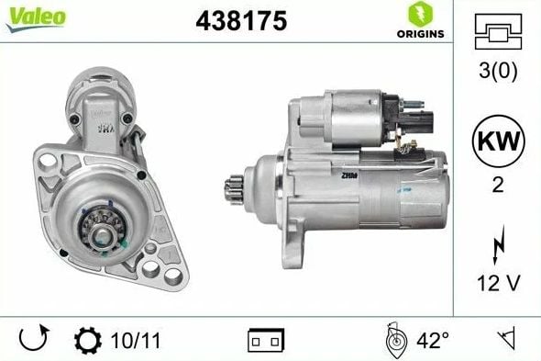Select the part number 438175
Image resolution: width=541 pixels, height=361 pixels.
pyautogui.click(x=241, y=20)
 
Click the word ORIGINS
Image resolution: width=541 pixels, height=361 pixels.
pyautogui.click(x=420, y=34)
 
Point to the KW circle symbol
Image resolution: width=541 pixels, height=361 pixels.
pyautogui.click(x=498, y=143)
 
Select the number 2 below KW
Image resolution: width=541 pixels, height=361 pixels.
pyautogui.click(x=498, y=185)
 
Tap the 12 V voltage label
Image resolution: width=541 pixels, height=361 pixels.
pyautogui.click(x=498, y=280)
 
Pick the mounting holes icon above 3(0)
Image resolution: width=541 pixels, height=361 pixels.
pyautogui.click(x=498, y=32)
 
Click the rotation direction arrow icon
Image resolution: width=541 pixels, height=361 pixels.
pyautogui.click(x=33, y=340)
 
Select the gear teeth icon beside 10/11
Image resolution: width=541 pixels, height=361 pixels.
pyautogui.click(x=87, y=341)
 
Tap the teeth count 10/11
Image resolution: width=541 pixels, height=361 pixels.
pyautogui.click(x=129, y=341)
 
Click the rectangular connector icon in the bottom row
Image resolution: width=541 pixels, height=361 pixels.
pyautogui.click(x=266, y=341)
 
